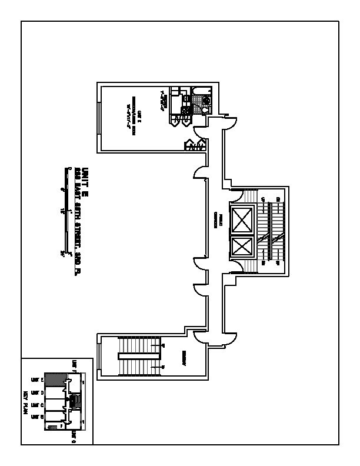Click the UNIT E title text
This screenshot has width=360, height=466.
85,177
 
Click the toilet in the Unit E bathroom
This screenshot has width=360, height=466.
205,109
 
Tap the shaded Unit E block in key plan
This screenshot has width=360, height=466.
54,380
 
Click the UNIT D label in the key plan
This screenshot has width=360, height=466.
35,392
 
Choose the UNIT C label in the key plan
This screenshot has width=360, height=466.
35,405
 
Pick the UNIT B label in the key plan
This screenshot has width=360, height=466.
35,417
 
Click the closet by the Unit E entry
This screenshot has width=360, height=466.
195,145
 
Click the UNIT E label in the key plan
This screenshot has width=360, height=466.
35,380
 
